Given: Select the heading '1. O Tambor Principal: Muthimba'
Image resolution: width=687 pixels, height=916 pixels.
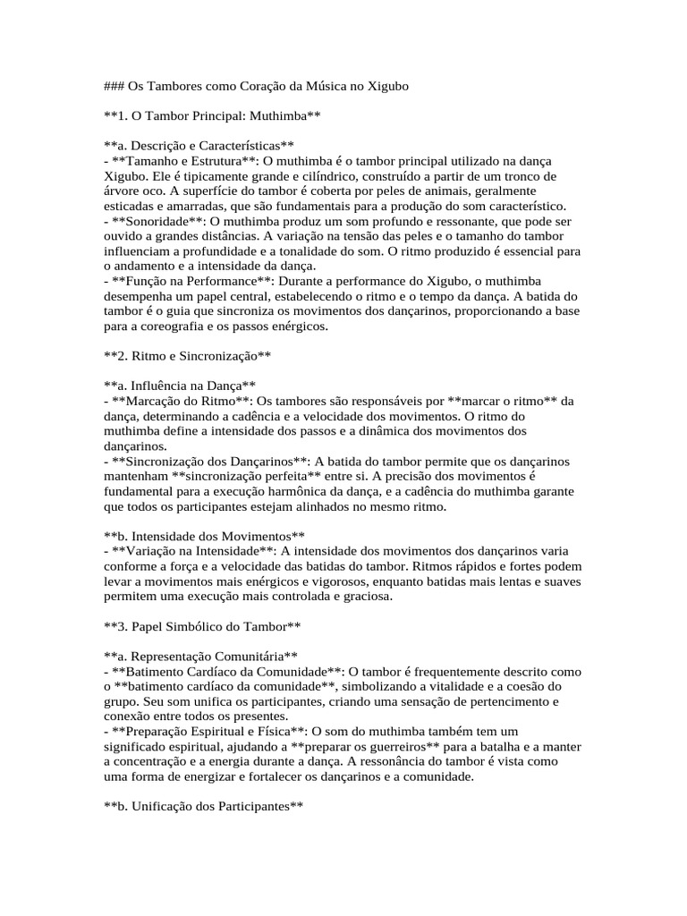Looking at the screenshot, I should [212, 115].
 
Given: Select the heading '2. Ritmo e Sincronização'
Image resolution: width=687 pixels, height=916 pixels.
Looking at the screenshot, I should [188, 355].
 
